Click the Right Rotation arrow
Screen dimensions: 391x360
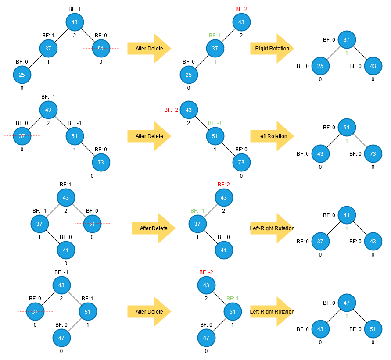point(272,49)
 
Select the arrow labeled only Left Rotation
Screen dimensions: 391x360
point(272,136)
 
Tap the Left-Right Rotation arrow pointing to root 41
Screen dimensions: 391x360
point(272,228)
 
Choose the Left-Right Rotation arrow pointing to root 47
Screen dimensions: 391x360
point(272,312)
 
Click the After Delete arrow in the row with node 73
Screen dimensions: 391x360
point(149,136)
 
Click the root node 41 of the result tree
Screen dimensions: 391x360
point(347,215)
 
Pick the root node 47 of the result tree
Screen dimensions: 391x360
point(347,303)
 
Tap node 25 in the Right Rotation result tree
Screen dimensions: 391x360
point(320,66)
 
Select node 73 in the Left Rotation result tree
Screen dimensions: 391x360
point(373,154)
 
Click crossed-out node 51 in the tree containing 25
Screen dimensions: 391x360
point(101,48)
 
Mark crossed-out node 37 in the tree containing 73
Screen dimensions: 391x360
point(22,136)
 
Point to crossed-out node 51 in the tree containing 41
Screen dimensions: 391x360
point(92,224)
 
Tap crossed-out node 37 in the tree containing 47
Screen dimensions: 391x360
point(35,311)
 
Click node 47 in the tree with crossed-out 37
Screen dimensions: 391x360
point(61,338)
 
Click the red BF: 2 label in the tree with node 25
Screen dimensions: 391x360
point(241,9)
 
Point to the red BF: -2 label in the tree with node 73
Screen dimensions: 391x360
point(171,110)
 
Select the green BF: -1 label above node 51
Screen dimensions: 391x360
point(215,123)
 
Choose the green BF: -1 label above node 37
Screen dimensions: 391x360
point(197,211)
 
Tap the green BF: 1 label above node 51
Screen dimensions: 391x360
point(233,299)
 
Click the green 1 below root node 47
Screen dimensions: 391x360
point(347,316)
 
